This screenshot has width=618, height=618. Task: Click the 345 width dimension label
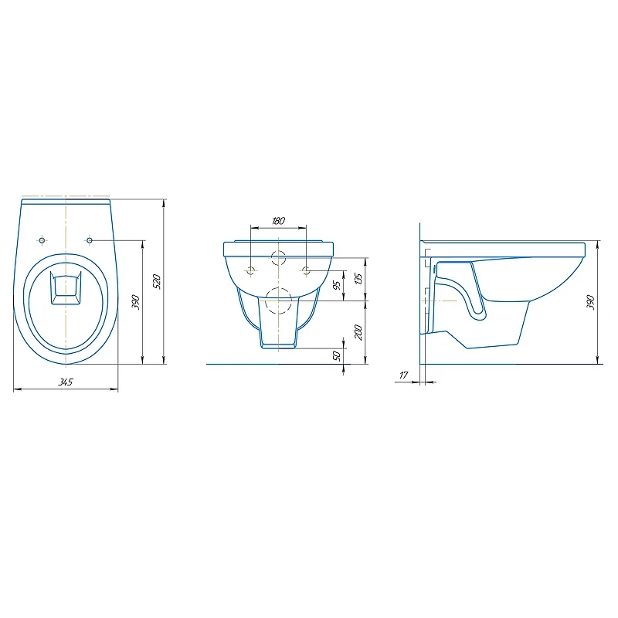click(66, 382)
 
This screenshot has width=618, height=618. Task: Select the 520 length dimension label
click(157, 281)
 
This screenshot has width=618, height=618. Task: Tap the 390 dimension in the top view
click(136, 302)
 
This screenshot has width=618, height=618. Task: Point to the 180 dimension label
click(278, 221)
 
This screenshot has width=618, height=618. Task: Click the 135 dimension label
click(358, 279)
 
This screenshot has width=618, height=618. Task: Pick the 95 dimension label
click(337, 285)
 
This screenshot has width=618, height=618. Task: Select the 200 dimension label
click(358, 332)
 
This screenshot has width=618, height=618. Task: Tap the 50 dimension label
click(337, 356)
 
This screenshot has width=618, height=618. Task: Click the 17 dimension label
click(403, 375)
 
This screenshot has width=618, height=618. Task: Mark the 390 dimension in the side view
click(590, 302)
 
